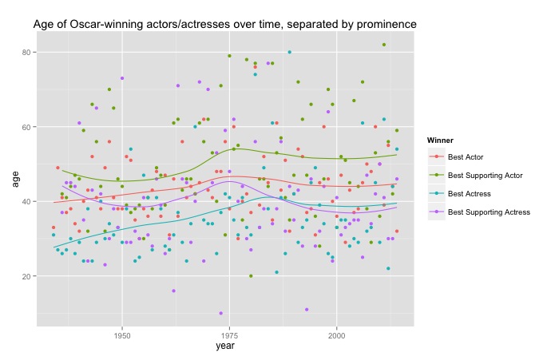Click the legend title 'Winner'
coord(442,140)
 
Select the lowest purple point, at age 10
coord(220,313)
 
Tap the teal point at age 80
coord(289,53)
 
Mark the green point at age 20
coord(251,276)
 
